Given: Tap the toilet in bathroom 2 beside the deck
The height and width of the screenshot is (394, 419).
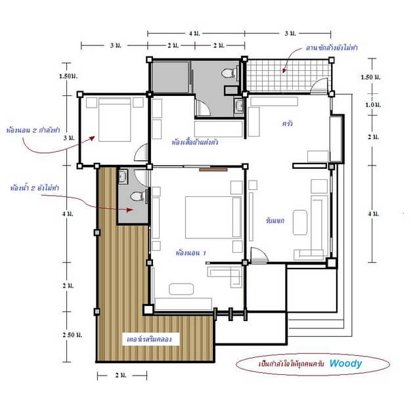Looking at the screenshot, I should point(136,196).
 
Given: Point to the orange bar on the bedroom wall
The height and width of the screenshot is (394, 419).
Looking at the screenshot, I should point(209,169).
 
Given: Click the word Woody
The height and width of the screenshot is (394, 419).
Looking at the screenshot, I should point(345,362).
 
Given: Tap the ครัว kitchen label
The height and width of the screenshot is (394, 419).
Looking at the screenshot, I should point(287,123).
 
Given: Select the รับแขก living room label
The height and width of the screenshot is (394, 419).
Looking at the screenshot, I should point(275,221).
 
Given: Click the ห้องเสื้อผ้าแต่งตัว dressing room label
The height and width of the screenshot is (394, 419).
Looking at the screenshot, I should point(195,141).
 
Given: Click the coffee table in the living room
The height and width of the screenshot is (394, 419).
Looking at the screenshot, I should point(300,219).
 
